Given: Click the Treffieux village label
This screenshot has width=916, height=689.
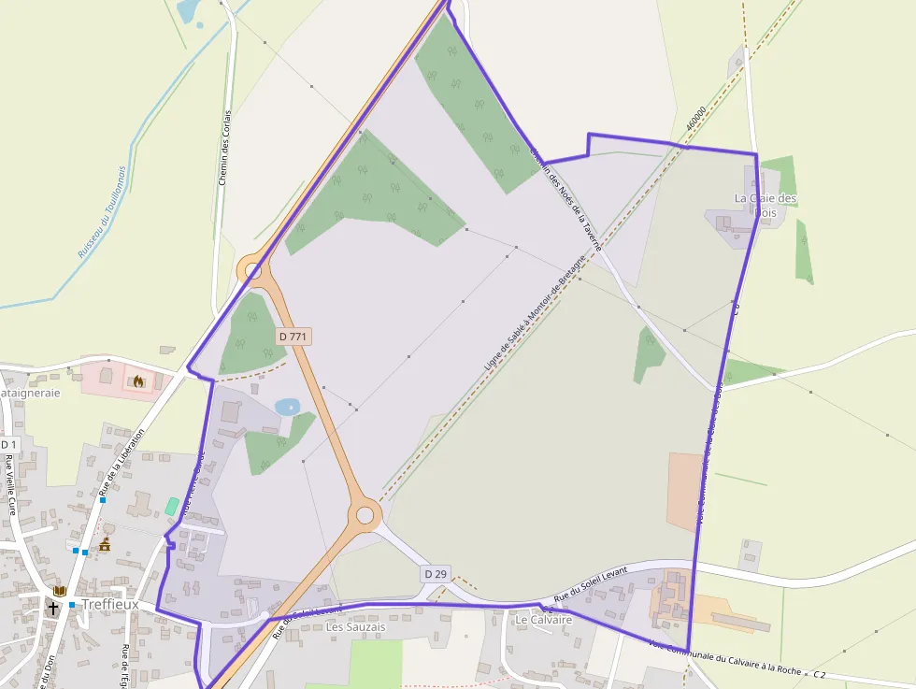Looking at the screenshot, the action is coord(110,604).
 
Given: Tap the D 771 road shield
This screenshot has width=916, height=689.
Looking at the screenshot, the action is coord(293,335).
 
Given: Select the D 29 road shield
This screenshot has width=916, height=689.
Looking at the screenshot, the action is coord(435,573).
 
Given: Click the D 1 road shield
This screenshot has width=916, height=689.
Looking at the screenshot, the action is coord(8,443).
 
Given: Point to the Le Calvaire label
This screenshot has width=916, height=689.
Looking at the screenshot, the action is coord(543,619).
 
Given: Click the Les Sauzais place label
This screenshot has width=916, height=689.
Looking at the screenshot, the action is coord(355,626).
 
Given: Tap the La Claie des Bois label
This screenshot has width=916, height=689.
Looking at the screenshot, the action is coord(766,205).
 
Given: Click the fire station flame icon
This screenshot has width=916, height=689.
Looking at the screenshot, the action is coord(139,380).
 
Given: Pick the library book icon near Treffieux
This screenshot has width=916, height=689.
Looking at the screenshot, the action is coord(60,591).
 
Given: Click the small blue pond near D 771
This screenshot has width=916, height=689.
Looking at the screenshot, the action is coord(287,407).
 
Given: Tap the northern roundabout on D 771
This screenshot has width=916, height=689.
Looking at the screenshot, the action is coord(253,271).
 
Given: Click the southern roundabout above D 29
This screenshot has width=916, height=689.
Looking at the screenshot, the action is coord(365,513).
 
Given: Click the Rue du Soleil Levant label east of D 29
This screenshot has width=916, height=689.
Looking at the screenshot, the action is coord(590,588).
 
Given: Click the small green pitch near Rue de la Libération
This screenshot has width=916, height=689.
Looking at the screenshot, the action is coord(172,506).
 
